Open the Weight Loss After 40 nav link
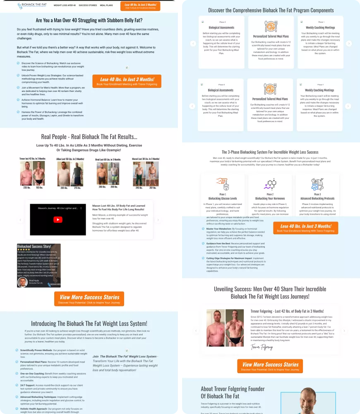pyautogui.click(x=65, y=6)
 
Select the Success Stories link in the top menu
pyautogui.click(x=88, y=6)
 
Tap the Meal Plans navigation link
pyautogui.click(x=106, y=6)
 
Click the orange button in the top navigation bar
pyautogui.click(x=140, y=6)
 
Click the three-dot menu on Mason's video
pyautogui.click(x=81, y=208)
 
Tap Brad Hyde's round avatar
pyautogui.click(x=23, y=282)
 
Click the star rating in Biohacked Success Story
pyautogui.click(x=24, y=250)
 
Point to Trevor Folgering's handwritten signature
pyautogui.click(x=262, y=347)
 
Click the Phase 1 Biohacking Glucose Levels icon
pyautogui.click(x=223, y=184)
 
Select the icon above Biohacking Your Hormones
pyautogui.click(x=270, y=184)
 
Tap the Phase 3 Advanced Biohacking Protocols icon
pyautogui.click(x=317, y=184)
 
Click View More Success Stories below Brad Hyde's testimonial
pyautogui.click(x=89, y=299)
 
